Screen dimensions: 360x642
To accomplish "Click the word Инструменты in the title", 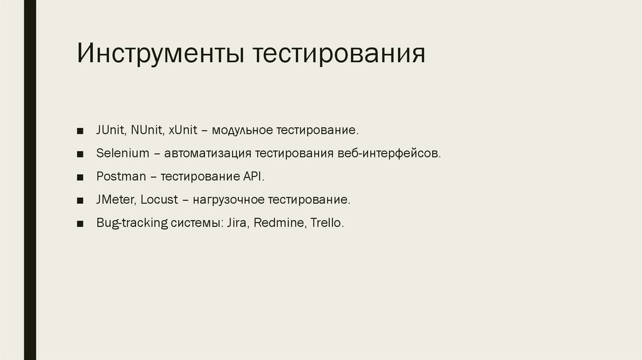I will tap(161, 54).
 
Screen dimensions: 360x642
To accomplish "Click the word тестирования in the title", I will tap(339, 54).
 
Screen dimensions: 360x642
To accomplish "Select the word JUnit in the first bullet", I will tap(111, 130).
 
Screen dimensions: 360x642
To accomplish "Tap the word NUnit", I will tap(147, 130).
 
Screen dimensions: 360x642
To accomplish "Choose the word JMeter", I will tap(115, 200).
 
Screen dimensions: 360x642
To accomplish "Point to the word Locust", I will tap(159, 200).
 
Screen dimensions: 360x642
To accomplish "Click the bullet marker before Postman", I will tap(80, 177).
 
